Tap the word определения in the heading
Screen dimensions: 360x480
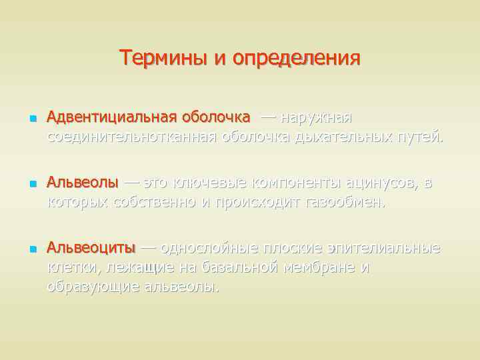[x=296, y=59]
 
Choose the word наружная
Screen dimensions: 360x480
[x=316, y=118]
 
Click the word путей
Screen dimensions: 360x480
[x=421, y=137]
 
